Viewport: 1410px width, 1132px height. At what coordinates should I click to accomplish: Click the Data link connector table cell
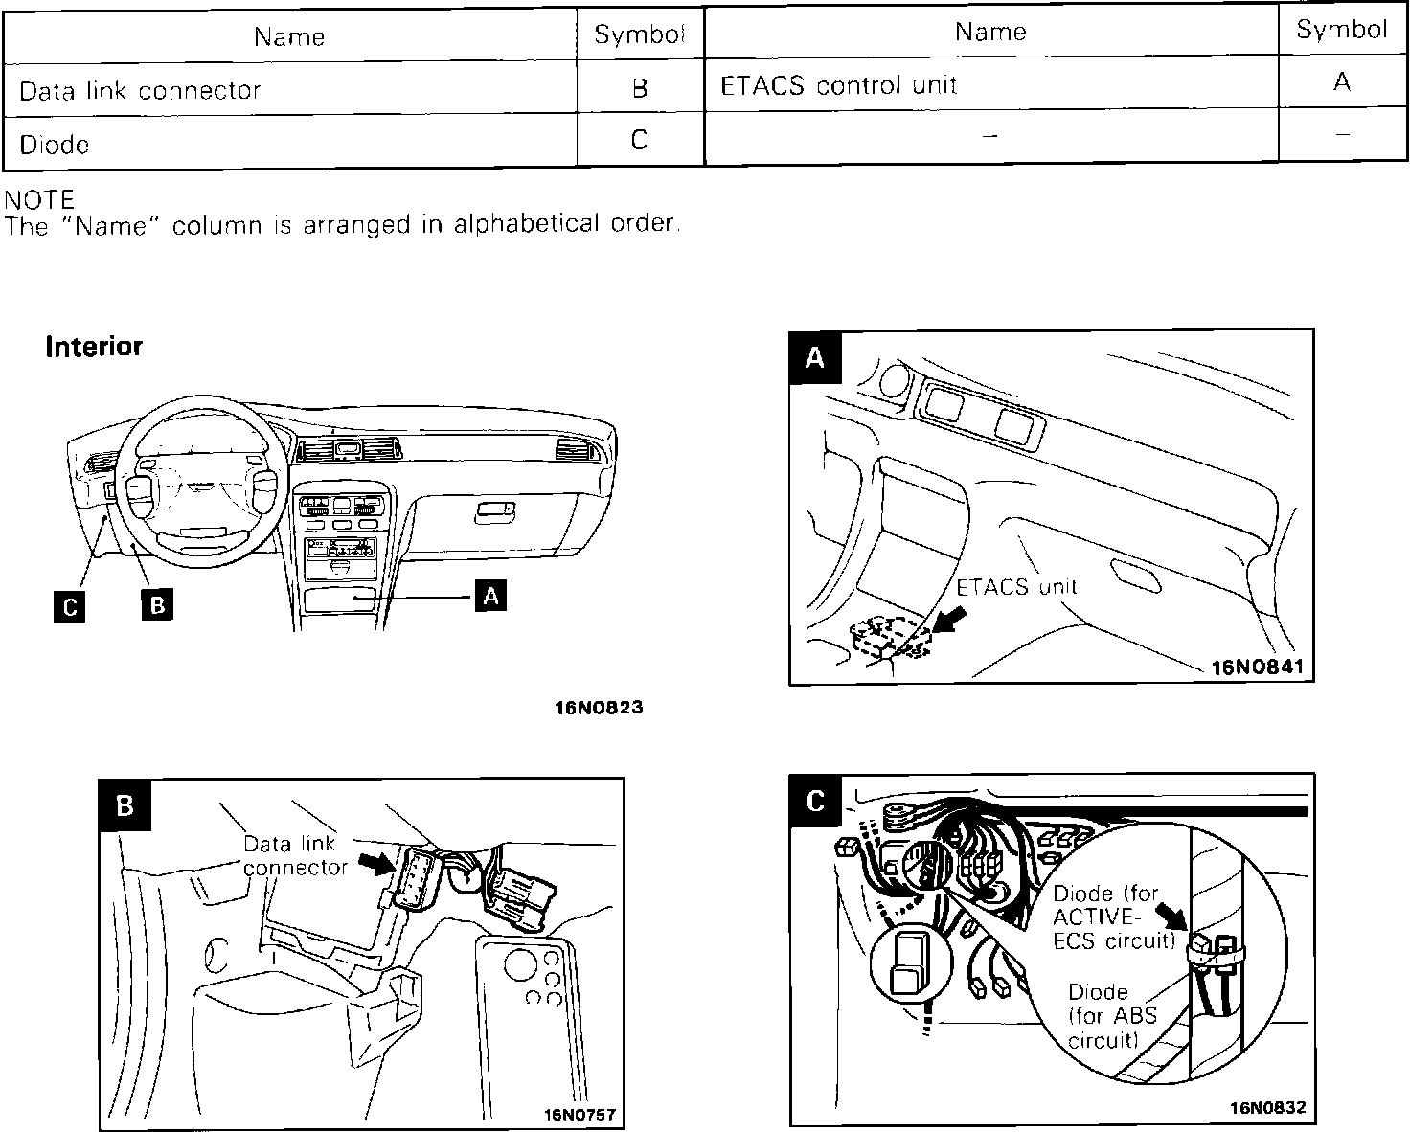(140, 90)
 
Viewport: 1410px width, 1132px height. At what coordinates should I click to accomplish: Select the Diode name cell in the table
(55, 145)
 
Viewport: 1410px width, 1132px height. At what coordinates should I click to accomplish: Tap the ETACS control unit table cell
(838, 85)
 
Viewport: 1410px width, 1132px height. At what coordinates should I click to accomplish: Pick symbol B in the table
(640, 88)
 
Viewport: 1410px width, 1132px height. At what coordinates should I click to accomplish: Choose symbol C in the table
(640, 141)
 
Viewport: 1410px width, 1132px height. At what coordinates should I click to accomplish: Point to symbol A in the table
(1341, 82)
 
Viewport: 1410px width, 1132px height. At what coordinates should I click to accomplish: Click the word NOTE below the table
(39, 200)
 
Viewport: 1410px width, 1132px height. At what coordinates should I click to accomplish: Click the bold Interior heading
(94, 347)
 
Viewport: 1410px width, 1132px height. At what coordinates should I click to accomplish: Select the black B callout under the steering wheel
(157, 605)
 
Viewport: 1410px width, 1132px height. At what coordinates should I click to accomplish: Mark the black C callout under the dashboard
(69, 606)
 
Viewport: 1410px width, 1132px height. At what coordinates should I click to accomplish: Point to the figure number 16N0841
(1258, 667)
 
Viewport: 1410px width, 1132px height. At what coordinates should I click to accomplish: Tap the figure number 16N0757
(580, 1115)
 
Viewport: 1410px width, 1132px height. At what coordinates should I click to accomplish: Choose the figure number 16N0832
(1268, 1108)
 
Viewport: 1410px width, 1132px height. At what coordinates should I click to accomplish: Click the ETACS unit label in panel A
(1016, 586)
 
